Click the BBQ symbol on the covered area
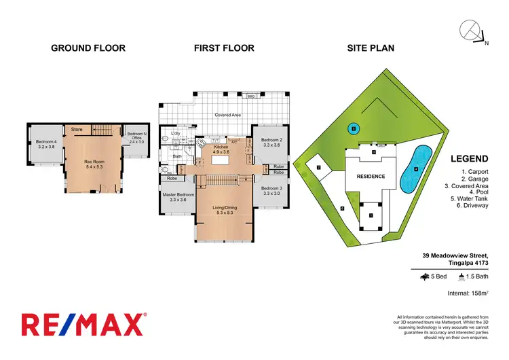click(250, 96)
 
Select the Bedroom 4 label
click(45, 144)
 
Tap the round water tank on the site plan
click(354, 127)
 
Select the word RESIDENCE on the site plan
click(371, 177)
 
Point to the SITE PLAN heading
click(371, 48)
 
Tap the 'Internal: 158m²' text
click(468, 294)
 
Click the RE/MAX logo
click(83, 325)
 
